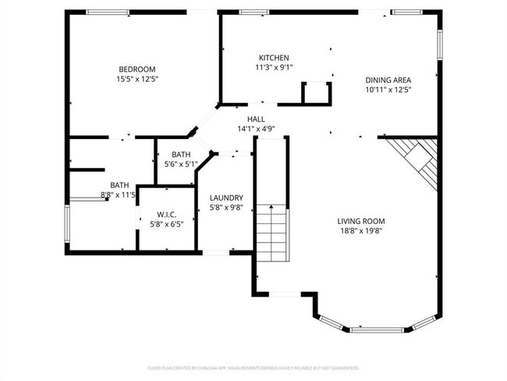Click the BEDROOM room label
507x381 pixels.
click(137, 69)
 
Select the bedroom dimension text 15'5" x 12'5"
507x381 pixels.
click(137, 79)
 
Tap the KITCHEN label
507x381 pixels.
click(274, 58)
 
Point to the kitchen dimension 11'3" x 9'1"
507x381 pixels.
click(274, 67)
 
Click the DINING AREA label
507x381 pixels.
click(388, 80)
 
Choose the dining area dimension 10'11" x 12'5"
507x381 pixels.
click(388, 90)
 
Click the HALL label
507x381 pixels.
click(256, 119)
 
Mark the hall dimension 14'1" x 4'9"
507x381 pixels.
click(256, 129)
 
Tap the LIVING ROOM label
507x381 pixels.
click(361, 221)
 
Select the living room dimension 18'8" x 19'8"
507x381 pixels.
click(361, 231)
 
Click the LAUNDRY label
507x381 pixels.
click(226, 198)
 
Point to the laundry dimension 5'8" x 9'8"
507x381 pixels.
click(226, 208)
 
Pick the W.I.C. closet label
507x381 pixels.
click(166, 214)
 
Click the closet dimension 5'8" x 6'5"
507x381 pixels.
click(166, 224)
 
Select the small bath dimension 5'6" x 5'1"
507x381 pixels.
click(180, 165)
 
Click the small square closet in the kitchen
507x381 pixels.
click(316, 93)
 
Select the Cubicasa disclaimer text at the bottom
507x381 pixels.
click(253, 367)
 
